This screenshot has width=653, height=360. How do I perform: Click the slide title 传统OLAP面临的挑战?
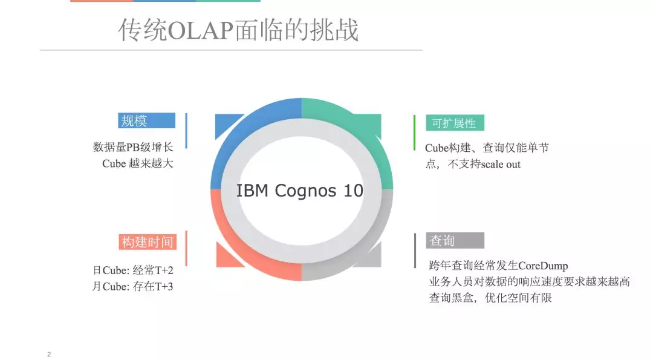point(238,30)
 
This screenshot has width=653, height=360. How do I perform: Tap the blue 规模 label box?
point(146,120)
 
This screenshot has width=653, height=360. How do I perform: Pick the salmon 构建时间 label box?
point(147,242)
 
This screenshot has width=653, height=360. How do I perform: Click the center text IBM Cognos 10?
point(300,191)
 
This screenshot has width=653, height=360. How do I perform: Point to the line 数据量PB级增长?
point(133,147)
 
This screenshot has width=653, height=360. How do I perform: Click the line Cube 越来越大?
point(138,163)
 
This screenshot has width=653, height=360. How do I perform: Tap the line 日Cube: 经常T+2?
point(133,270)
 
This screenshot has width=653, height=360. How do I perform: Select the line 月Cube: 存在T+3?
point(133,286)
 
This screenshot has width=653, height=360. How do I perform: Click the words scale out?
point(501,164)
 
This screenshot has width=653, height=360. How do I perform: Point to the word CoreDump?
point(543,266)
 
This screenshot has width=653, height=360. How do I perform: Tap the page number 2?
point(49,354)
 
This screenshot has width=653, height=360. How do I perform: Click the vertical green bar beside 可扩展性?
point(415,132)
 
